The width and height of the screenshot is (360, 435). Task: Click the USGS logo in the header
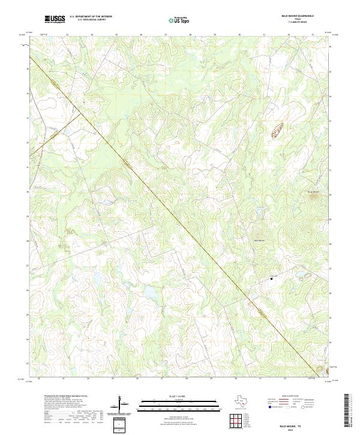click(55, 19)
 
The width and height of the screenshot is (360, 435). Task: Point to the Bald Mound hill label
click(260, 241)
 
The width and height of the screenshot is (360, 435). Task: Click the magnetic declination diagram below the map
click(122, 404)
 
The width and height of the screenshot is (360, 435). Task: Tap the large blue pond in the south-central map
click(148, 293)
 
